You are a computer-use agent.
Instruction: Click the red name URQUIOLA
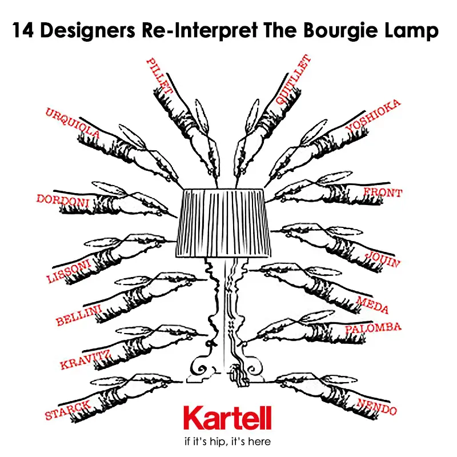[x=73, y=123]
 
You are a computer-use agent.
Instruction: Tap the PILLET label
[x=159, y=76]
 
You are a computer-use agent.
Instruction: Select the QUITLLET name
[x=294, y=79]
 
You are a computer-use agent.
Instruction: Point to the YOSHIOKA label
[x=373, y=115]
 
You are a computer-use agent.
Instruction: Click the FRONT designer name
[x=383, y=193]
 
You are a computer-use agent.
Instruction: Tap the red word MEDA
[x=373, y=305]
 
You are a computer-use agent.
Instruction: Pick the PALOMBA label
[x=374, y=327]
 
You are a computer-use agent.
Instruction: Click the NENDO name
[x=377, y=407]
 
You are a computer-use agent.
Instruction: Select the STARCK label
[x=68, y=410]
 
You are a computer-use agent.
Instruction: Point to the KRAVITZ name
[x=85, y=360]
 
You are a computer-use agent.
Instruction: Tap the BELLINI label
[x=79, y=315]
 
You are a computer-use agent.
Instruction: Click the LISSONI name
[x=69, y=271]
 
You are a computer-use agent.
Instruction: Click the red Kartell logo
[x=227, y=418]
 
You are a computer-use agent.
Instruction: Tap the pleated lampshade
[x=223, y=223]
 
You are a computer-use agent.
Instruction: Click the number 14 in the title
[x=23, y=30]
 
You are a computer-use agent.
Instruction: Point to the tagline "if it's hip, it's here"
[x=227, y=441]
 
